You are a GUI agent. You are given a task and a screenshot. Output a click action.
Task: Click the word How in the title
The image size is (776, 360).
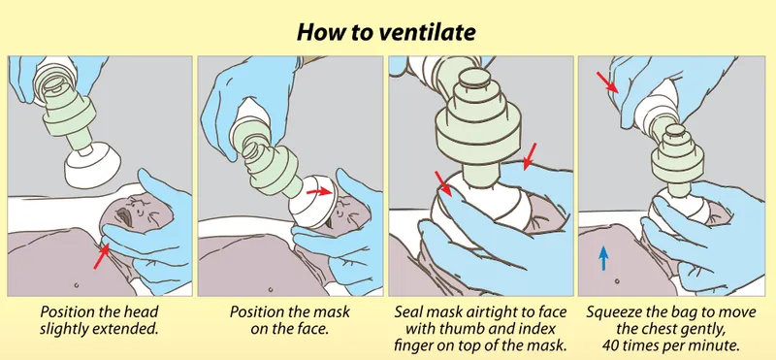tap(321, 32)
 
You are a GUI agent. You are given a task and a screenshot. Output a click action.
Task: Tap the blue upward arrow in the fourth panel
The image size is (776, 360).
tap(604, 257)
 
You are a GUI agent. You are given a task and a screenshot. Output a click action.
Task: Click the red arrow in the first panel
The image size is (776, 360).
tap(102, 256)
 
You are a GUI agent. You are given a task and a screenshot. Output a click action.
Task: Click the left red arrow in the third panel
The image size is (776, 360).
tap(443, 183)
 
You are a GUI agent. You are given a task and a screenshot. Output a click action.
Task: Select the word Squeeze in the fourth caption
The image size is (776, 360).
tap(615, 313)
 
